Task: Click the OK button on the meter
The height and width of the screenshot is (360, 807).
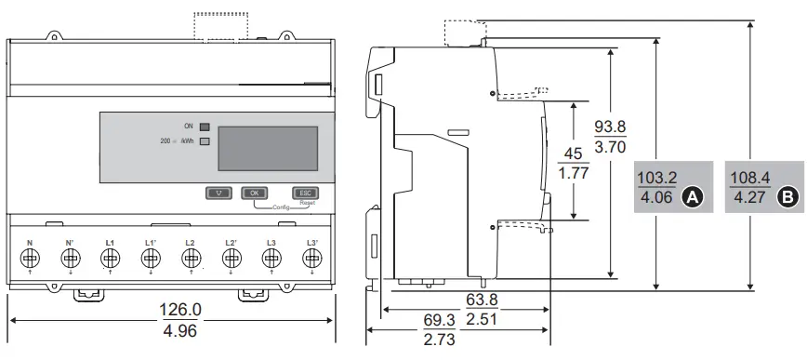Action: [254, 193]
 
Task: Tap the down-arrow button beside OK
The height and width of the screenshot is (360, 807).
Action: [219, 193]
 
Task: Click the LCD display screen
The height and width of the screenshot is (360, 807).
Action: [268, 148]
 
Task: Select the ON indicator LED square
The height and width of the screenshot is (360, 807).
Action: [205, 127]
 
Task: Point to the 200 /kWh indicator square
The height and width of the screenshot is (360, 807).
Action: [205, 141]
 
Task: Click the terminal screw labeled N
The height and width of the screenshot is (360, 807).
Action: [30, 257]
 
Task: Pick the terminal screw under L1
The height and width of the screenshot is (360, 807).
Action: [110, 257]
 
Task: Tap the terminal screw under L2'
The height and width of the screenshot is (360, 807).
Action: [231, 257]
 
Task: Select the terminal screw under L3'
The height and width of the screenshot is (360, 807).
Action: [311, 257]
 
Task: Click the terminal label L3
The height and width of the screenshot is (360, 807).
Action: [271, 242]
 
